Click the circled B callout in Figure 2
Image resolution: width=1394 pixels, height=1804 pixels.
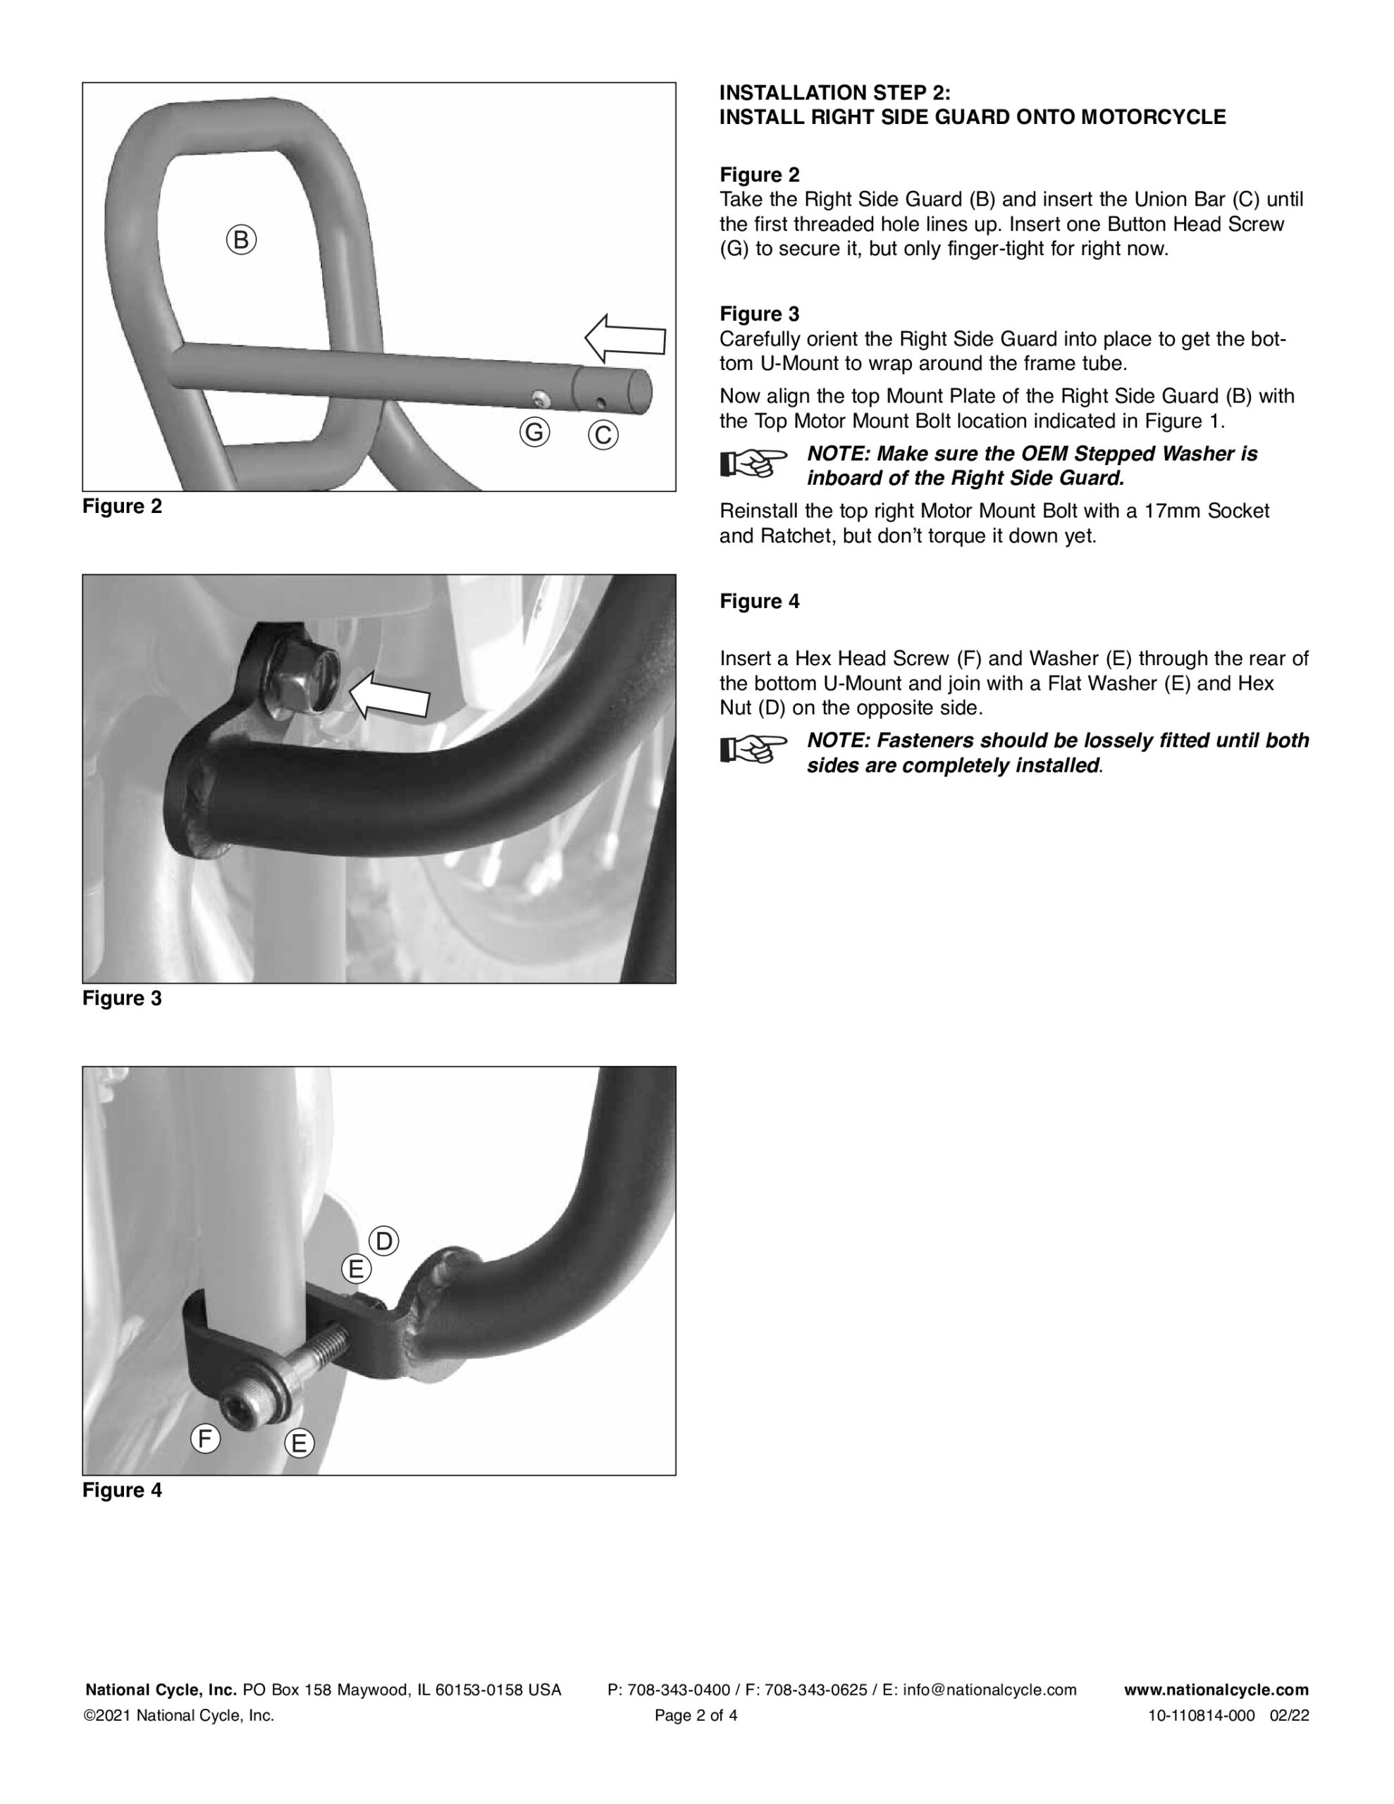(241, 240)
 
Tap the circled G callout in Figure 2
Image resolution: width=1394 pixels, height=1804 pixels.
(535, 432)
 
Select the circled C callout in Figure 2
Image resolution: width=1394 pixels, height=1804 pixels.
(603, 435)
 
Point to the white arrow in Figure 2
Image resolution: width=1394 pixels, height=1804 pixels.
(626, 339)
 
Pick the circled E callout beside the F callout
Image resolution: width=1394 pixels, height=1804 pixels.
(299, 1443)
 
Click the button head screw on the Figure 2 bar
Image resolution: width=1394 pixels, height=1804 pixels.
(540, 400)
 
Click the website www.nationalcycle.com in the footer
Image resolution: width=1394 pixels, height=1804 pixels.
(1216, 1690)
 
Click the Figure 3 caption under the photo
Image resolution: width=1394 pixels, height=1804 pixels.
(123, 999)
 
